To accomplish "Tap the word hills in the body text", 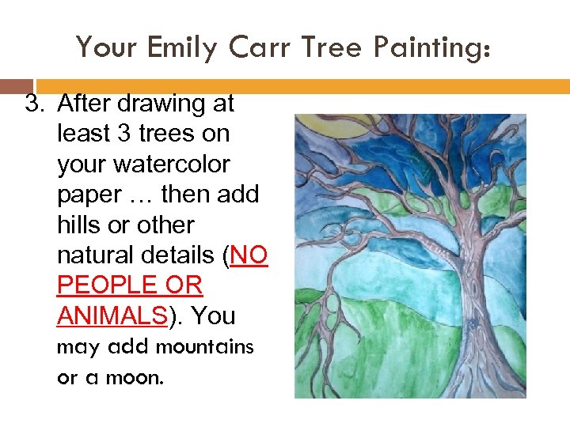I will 82,225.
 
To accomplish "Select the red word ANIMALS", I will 112,316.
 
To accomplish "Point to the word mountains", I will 204,347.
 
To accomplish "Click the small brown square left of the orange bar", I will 16,86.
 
